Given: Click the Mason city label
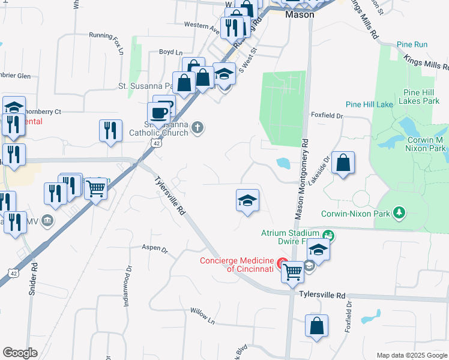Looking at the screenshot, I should click(300, 14).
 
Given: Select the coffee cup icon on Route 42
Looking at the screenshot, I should click(159, 113).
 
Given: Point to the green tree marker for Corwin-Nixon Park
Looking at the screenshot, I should click(398, 212).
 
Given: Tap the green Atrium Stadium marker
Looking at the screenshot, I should click(328, 234).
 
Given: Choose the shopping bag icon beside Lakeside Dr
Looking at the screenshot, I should click(342, 163).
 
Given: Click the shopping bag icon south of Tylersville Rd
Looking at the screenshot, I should click(316, 326).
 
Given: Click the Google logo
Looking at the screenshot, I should click(20, 353).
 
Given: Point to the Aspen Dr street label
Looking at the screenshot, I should click(154, 247).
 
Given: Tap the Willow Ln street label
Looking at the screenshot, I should click(202, 313).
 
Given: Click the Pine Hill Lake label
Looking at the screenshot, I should click(369, 104).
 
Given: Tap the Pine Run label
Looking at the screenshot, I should click(412, 45).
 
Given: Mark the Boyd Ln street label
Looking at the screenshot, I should click(170, 52).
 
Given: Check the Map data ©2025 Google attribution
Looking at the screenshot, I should click(411, 355).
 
